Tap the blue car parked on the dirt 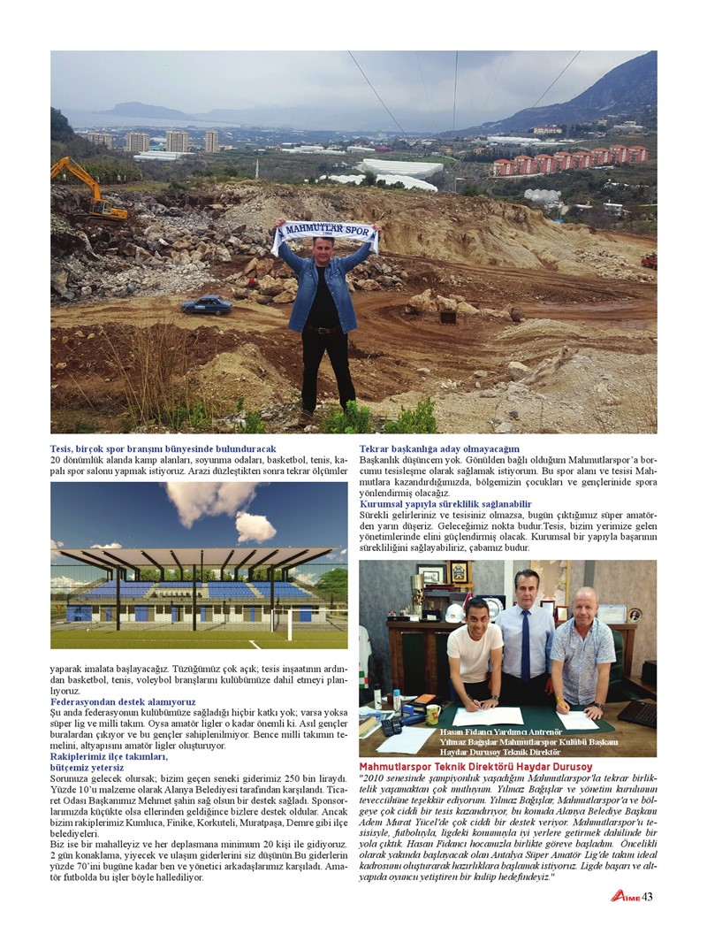point(206,304)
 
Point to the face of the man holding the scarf point(323,251)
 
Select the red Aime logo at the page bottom point(625,896)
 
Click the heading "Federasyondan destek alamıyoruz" point(123,701)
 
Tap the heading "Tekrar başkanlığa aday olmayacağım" point(439,449)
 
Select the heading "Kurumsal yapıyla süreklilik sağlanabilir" point(446,503)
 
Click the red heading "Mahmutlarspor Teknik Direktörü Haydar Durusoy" point(475,766)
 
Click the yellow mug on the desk point(433,713)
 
